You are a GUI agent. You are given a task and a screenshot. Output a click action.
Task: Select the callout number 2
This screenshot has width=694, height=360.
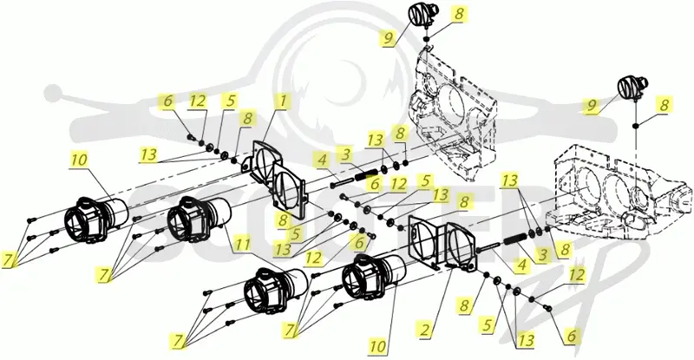click(x=425, y=331)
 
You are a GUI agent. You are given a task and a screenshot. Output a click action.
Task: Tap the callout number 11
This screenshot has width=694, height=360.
click(x=243, y=245)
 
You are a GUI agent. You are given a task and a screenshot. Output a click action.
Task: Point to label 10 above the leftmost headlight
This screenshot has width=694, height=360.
click(x=79, y=159)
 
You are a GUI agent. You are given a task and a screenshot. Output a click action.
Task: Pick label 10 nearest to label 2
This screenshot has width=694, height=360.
click(x=378, y=346)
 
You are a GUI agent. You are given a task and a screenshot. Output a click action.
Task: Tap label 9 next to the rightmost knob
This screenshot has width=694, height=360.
click(x=592, y=106)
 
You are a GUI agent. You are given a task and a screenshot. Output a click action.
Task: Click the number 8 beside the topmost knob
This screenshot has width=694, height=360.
click(x=459, y=13)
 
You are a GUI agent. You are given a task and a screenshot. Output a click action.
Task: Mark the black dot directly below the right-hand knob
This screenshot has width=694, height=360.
click(x=636, y=126)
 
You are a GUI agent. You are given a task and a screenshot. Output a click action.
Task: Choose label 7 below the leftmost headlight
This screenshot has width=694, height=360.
click(x=8, y=260)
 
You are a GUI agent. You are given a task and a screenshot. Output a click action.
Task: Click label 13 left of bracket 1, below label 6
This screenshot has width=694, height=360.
click(x=148, y=154)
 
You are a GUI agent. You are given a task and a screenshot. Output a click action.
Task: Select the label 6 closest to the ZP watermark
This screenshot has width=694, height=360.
click(x=571, y=336)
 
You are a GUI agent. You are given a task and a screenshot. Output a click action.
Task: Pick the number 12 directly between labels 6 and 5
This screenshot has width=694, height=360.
click(x=198, y=101)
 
